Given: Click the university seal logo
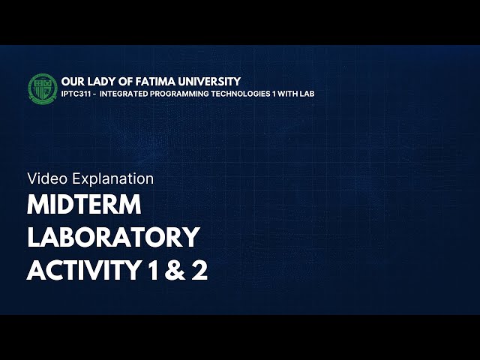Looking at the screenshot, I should point(42,87).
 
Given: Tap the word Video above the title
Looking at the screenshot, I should point(43,178).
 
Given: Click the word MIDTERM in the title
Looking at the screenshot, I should point(85,205).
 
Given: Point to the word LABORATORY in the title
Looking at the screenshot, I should point(113,237).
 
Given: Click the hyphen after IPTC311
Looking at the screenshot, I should point(95,94).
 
